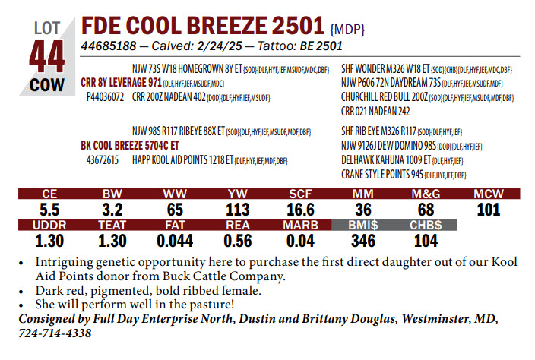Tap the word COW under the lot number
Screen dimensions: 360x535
[47, 85]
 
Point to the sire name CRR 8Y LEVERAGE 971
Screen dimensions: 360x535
[121, 82]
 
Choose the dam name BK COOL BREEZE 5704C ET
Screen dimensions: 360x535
[130, 144]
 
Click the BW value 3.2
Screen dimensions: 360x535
[112, 210]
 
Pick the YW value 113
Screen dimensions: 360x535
[238, 210]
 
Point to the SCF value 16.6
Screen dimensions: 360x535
[301, 210]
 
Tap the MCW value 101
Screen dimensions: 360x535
[489, 210]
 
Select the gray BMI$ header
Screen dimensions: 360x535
[363, 226]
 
